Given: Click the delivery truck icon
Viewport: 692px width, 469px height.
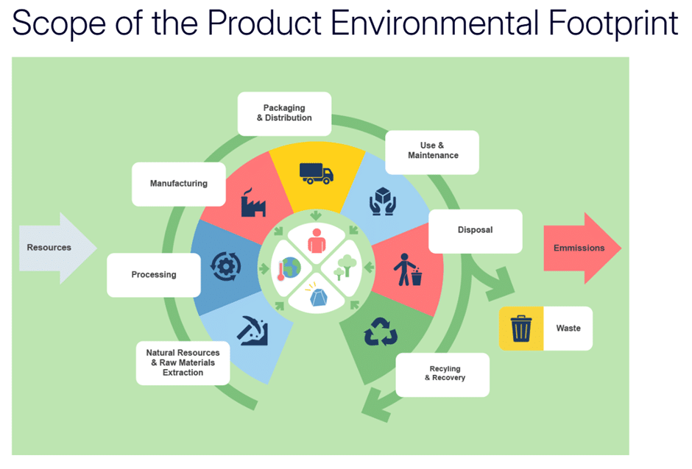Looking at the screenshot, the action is click(317, 173).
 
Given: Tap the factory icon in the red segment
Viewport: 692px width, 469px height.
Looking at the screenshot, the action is click(253, 202).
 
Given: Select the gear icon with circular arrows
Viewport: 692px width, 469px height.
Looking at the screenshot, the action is click(225, 266).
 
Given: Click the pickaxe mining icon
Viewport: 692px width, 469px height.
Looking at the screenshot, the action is click(253, 330).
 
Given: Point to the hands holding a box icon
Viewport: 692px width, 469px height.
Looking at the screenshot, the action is click(383, 201).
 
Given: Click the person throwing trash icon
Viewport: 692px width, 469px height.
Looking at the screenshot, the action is click(408, 270).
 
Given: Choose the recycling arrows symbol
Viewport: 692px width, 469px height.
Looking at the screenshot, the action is click(381, 332).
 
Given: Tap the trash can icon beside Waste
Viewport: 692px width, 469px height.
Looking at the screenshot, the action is click(521, 329).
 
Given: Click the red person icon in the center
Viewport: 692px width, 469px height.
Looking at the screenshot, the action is click(317, 240).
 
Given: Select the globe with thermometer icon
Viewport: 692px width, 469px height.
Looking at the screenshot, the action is click(289, 268).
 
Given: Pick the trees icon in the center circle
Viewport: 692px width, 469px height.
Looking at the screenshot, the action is click(345, 267).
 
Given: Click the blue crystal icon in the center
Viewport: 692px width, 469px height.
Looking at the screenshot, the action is click(318, 296).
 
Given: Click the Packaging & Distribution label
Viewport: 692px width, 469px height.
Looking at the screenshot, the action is click(284, 113).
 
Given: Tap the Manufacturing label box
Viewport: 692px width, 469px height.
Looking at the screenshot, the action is click(179, 184).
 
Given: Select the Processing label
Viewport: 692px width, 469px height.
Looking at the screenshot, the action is click(154, 275).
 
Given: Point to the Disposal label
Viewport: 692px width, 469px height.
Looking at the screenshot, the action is click(476, 231).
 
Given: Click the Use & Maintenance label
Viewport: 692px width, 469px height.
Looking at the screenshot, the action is click(432, 152).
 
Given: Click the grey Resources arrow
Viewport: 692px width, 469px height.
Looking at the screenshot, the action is click(58, 248).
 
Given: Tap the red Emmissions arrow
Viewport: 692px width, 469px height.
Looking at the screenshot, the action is click(582, 248).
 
